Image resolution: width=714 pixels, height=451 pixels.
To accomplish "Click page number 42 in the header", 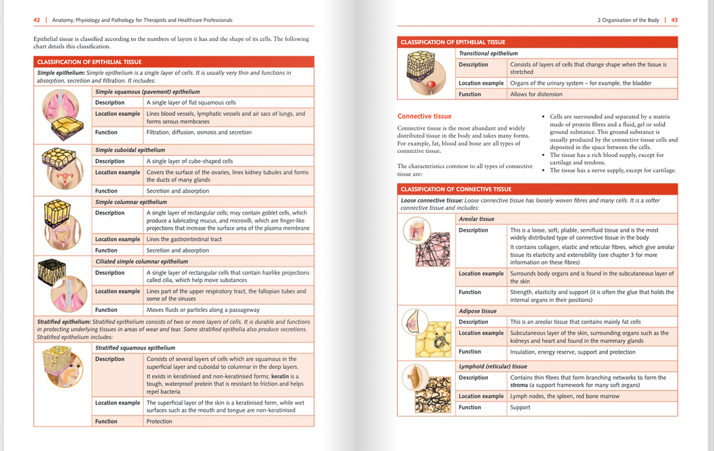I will click(37, 20).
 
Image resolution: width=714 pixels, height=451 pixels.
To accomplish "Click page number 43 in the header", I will click(674, 20).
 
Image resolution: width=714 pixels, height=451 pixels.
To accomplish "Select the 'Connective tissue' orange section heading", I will click(424, 116).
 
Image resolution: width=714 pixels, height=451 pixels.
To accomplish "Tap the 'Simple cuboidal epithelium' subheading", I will click(130, 150).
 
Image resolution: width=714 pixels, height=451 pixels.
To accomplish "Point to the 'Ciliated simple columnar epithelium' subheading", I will click(141, 262).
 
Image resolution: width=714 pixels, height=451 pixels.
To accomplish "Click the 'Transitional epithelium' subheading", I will click(488, 54).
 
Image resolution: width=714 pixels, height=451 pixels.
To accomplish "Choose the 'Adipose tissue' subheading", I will click(477, 311).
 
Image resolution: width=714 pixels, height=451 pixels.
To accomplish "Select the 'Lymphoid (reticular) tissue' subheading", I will click(493, 366).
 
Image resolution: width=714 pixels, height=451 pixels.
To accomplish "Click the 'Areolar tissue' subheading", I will click(476, 219).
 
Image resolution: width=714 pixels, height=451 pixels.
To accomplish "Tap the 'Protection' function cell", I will click(159, 421).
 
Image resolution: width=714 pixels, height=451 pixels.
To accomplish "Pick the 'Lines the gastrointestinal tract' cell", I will click(184, 239).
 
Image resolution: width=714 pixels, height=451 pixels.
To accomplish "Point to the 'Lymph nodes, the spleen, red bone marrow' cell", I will click(565, 396).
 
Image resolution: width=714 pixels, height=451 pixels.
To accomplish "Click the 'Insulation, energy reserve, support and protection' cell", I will click(573, 352).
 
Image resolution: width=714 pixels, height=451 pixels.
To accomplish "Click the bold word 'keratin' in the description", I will click(280, 376).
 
